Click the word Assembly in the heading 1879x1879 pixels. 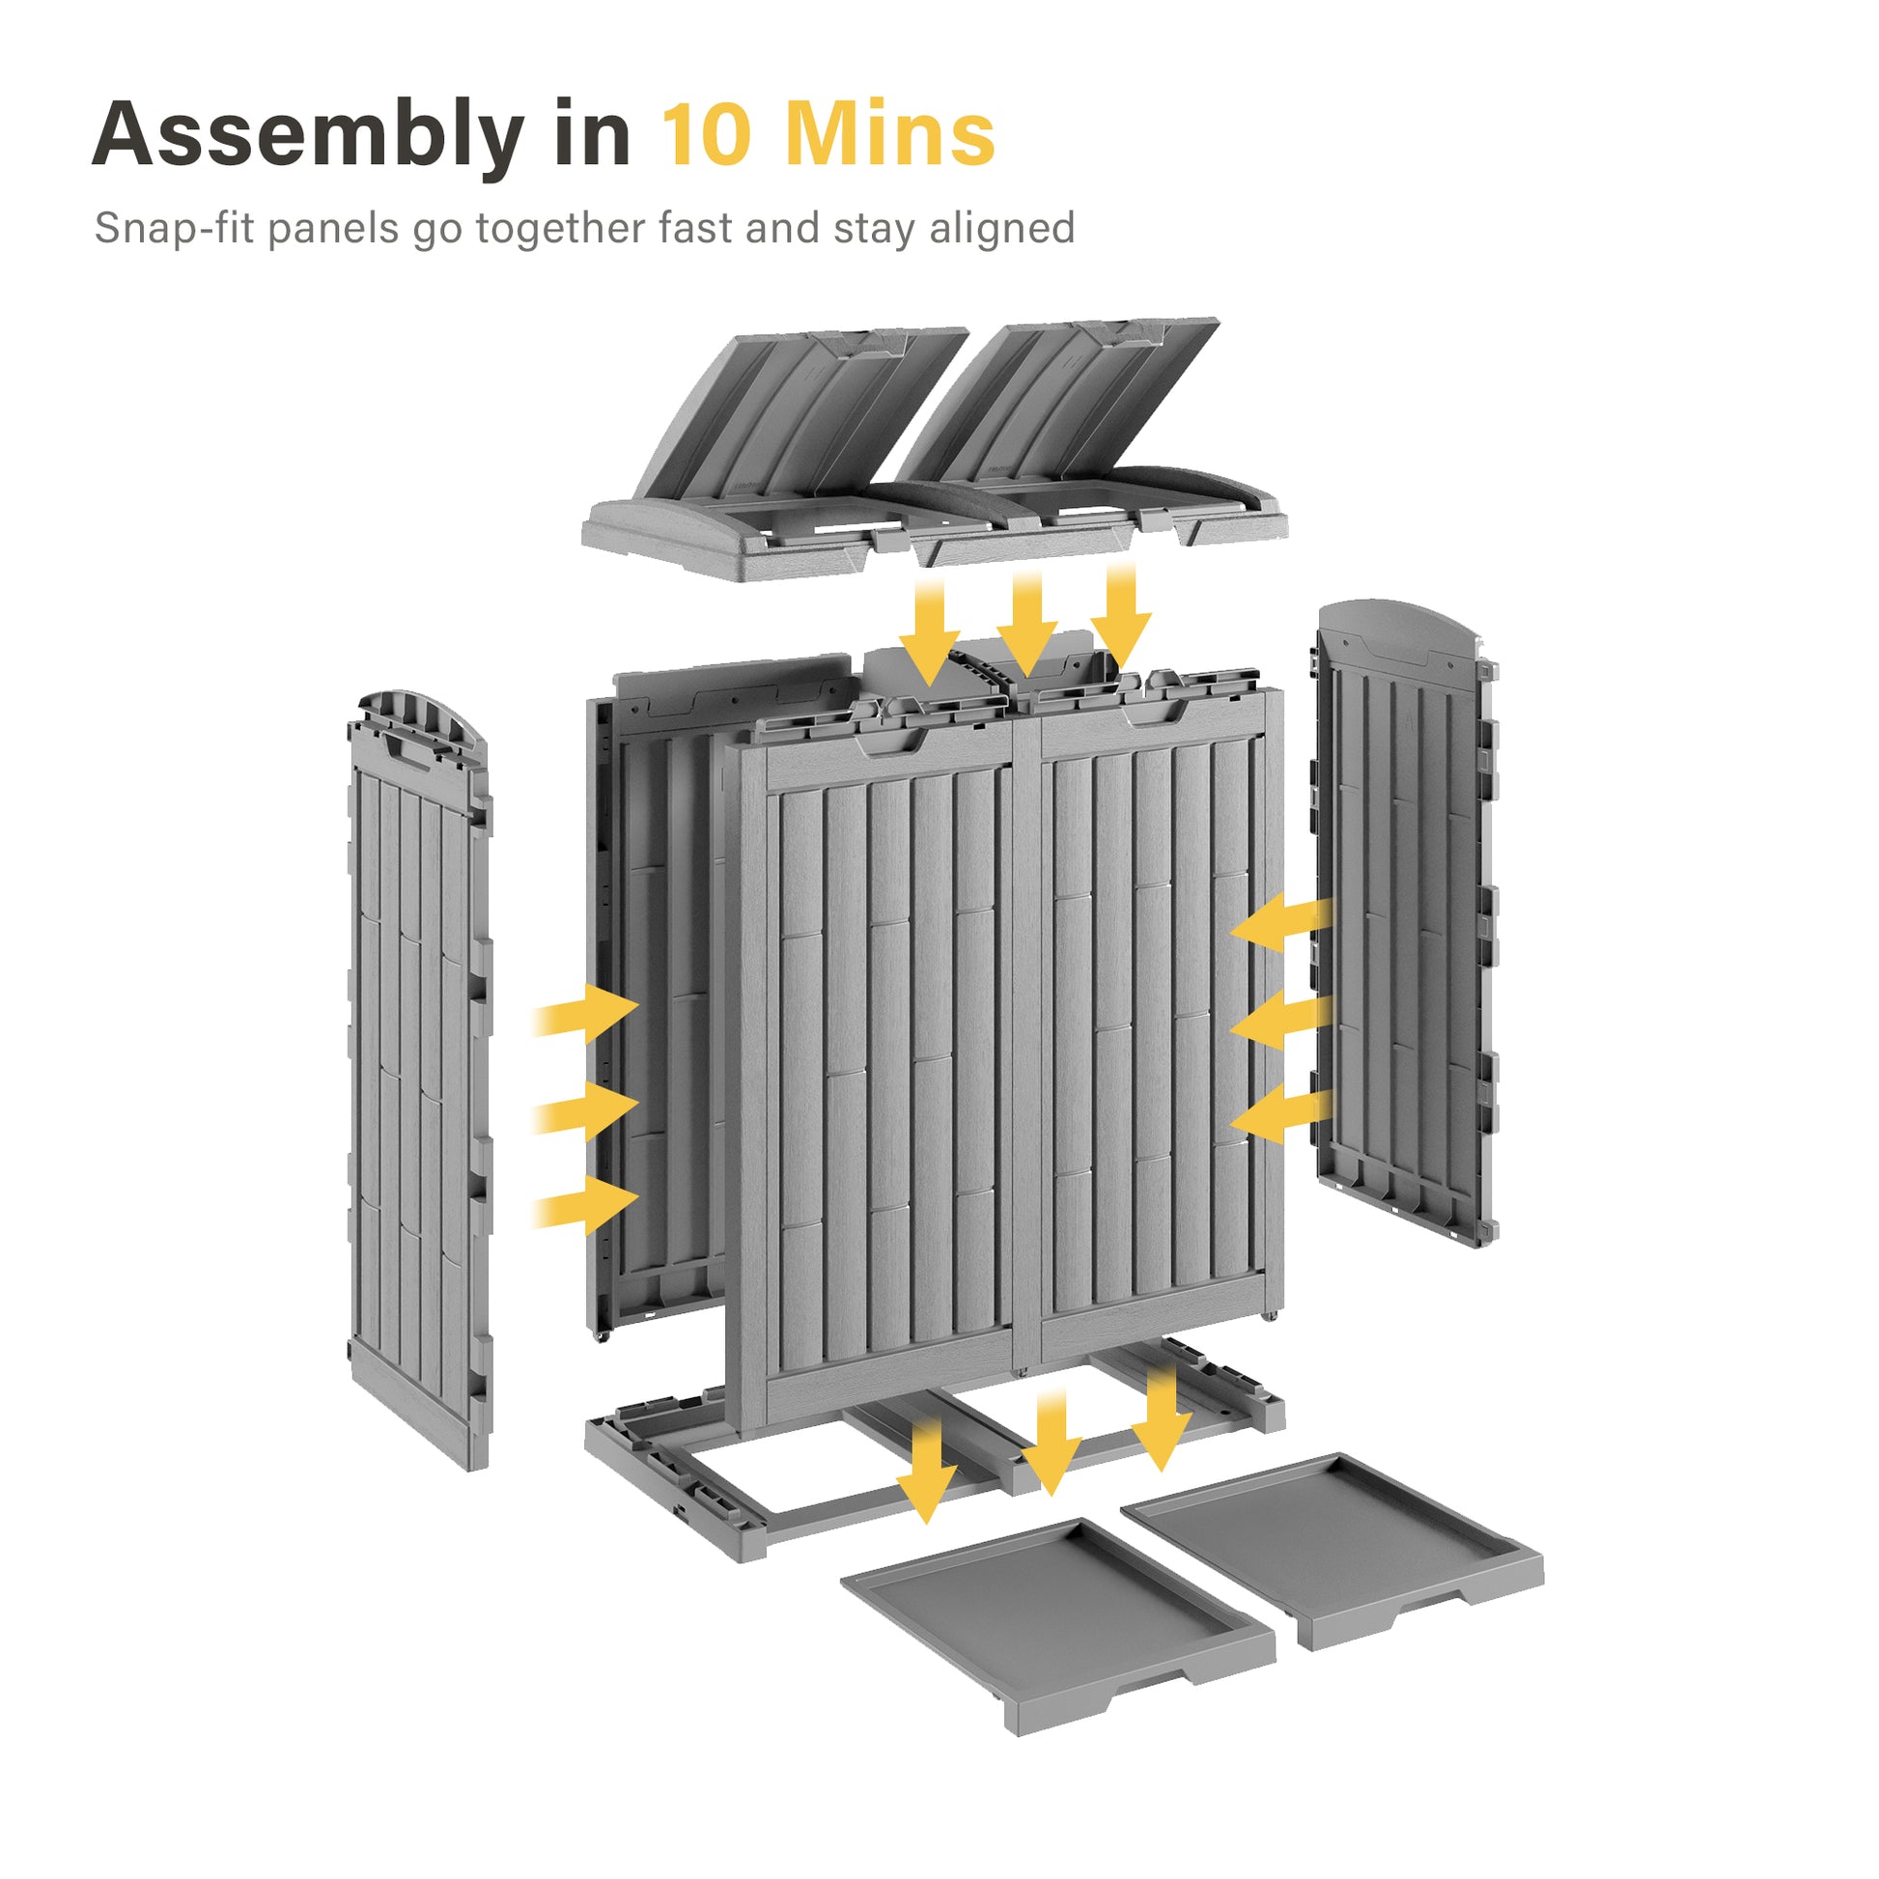pyautogui.click(x=309, y=136)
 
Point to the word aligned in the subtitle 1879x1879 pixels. pyautogui.click(x=1001, y=230)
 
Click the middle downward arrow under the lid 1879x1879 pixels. pyautogui.click(x=1027, y=623)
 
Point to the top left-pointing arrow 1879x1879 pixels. pyautogui.click(x=1280, y=920)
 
